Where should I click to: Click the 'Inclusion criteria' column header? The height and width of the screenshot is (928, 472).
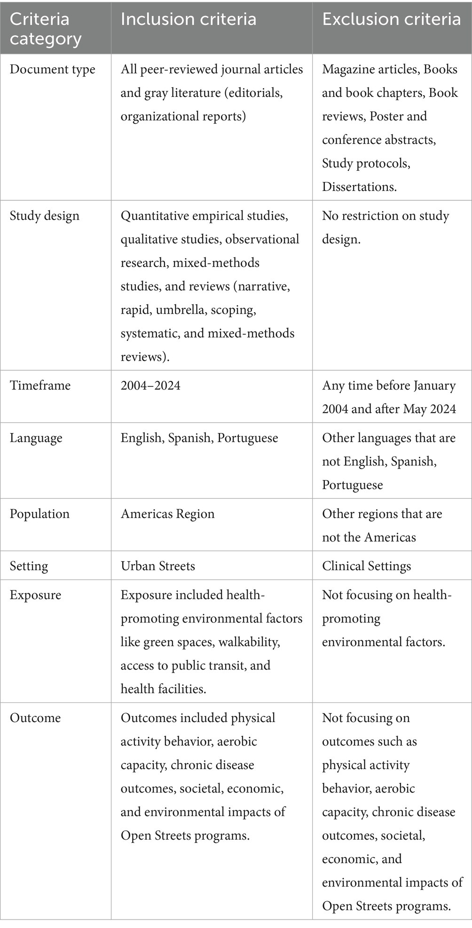coord(189,19)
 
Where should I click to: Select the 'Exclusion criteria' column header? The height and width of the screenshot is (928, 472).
coord(391,19)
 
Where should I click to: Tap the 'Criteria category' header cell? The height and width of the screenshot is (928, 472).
coord(46,29)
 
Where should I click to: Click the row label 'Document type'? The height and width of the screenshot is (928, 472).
coord(52,70)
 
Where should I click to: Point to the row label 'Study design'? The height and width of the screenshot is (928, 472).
coord(45,216)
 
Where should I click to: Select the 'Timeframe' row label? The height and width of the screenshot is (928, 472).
coord(40,385)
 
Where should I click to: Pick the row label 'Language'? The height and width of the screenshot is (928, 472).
coord(36,438)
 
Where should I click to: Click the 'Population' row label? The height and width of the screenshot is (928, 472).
coord(39,514)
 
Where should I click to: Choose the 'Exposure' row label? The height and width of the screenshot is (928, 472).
coord(35,595)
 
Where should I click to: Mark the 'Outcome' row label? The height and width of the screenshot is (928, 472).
coord(35,718)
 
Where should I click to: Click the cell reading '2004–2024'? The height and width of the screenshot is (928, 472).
coord(150,385)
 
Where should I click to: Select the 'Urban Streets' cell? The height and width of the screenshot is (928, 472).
coord(157,566)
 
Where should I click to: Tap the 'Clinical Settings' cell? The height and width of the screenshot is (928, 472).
coord(366,566)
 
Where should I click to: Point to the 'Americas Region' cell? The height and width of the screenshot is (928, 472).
coord(167,514)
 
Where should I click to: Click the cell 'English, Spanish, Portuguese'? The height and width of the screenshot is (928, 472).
coord(199,438)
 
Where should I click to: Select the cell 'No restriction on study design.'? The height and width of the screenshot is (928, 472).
coord(385,228)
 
